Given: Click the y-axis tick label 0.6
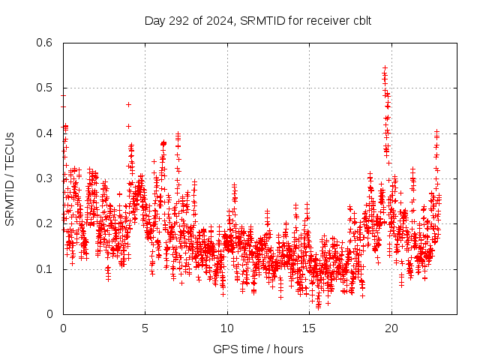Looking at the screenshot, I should pos(44,43).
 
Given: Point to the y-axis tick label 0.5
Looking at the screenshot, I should pos(44,88).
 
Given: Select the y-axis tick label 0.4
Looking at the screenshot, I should pos(44,133).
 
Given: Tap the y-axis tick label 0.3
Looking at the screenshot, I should pos(44,178).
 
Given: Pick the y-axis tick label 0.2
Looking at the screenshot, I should pos(44,223).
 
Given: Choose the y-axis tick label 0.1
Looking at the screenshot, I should pos(44,268).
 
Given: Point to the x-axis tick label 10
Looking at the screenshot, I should pos(226,328).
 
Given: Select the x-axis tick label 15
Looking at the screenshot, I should pos(308,328).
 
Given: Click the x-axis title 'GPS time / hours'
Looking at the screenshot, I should pos(259,349).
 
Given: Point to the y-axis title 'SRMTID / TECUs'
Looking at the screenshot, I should pos(10,178).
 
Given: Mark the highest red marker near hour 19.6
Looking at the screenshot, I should pos(385,67).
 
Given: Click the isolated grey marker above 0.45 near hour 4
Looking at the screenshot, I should pos(128,104).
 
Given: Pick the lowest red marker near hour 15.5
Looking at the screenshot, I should pos(318,307).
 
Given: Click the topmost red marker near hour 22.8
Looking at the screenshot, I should pos(436,130).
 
